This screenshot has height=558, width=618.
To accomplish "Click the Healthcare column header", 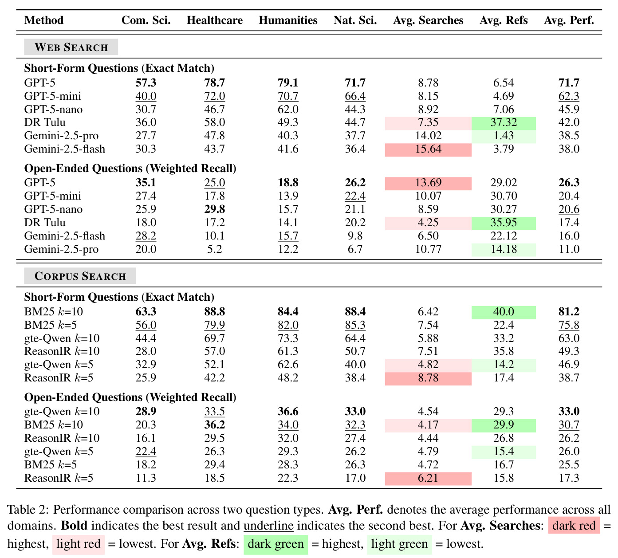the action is point(214,20).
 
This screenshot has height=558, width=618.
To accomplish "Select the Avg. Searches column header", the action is point(428,20).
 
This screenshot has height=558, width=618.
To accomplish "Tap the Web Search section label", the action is point(71,47).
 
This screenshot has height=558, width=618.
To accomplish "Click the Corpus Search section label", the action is point(80,276).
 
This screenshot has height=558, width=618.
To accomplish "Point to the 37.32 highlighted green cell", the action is point(504,122).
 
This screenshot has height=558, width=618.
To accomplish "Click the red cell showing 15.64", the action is point(428,149).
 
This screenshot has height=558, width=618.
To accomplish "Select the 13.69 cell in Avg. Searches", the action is point(428,183).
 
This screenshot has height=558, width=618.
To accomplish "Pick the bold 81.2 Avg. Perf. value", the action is point(569,311).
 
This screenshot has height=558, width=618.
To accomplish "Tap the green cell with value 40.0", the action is point(504,312).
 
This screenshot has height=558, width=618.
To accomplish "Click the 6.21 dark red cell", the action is point(428,478).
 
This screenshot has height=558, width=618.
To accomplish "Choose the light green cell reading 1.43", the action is point(504,136).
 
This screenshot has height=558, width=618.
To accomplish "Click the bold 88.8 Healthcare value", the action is point(214,311).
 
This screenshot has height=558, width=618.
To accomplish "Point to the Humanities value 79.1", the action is point(288,83).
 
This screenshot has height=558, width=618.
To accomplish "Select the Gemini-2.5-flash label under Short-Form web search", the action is point(65,149).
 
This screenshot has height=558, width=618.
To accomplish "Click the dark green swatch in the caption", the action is point(276,544).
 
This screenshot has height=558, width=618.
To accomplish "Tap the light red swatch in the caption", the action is point(79,544).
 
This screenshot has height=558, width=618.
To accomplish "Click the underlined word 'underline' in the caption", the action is point(268,526).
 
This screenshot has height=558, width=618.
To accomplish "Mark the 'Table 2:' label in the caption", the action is point(28,510).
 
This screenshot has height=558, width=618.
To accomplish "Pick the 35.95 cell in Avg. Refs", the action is point(504,223).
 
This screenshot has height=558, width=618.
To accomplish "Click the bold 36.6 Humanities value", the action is point(288,411).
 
